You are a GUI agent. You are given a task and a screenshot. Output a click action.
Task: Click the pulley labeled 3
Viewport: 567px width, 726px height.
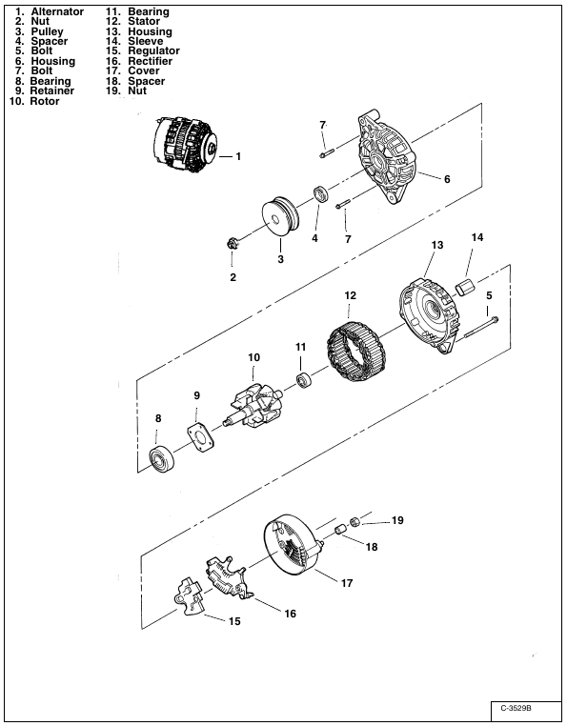pos(281,217)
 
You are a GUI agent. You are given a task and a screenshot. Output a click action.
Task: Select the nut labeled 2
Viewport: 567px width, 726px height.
pos(233,243)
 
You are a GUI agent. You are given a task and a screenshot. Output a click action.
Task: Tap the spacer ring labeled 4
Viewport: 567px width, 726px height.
pos(320,193)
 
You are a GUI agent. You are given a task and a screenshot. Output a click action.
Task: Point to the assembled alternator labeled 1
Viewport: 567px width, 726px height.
pos(185,145)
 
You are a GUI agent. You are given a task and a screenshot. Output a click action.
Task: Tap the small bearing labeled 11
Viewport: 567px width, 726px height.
pos(303,380)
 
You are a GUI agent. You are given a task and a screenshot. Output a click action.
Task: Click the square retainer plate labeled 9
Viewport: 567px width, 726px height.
pos(200,436)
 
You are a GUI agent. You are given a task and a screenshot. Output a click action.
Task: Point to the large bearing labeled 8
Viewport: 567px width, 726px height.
pos(162,459)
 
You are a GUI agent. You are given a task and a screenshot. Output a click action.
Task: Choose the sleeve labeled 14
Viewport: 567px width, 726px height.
pos(464,287)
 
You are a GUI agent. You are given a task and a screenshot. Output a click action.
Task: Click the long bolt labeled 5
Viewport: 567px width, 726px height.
pos(480,328)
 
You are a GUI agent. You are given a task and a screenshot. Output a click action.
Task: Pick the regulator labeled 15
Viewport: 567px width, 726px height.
pos(190,595)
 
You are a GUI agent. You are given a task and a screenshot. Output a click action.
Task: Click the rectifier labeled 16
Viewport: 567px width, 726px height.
pos(230,577)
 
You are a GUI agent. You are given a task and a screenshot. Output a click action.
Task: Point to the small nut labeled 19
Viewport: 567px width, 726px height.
pos(354,521)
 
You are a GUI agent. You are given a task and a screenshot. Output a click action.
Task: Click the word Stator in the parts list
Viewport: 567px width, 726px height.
pos(144,21)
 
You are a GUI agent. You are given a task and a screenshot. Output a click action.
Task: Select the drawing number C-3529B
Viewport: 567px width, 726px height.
pos(516,709)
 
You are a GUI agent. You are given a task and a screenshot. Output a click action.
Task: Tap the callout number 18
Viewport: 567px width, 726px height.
pos(372,547)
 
